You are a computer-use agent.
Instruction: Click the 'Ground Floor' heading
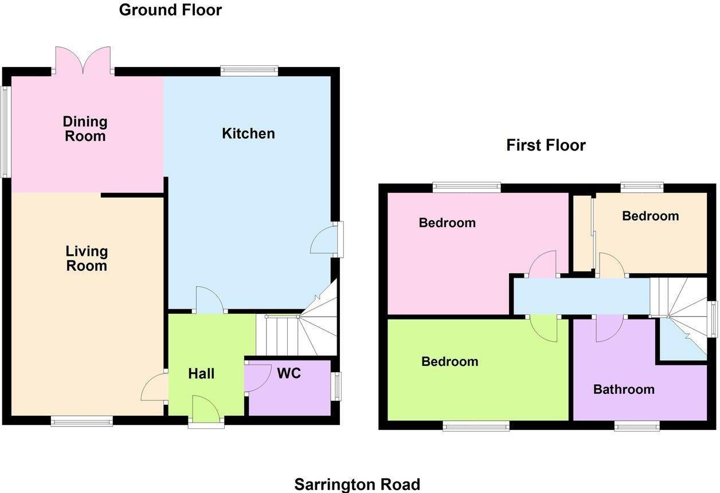(x=170, y=10)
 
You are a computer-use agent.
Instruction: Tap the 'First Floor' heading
(x=546, y=145)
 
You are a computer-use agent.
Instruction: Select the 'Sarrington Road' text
(x=357, y=484)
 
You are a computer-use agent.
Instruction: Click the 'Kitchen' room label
(x=248, y=133)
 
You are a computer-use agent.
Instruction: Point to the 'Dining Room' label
(x=85, y=129)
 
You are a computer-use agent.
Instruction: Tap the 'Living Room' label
(x=87, y=258)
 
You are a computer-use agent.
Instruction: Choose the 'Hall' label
(x=201, y=374)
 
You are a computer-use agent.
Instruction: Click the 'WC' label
(x=289, y=373)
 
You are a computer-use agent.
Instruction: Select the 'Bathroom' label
(x=624, y=389)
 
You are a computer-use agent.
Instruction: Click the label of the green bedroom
(x=449, y=361)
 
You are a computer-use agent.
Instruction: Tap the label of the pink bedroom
(x=447, y=223)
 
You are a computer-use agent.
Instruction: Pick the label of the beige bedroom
(x=650, y=216)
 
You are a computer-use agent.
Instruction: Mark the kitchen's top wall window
(x=249, y=71)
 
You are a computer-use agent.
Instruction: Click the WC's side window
(x=338, y=386)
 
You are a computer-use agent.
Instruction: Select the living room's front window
(x=81, y=422)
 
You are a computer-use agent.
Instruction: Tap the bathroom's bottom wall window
(x=637, y=426)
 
